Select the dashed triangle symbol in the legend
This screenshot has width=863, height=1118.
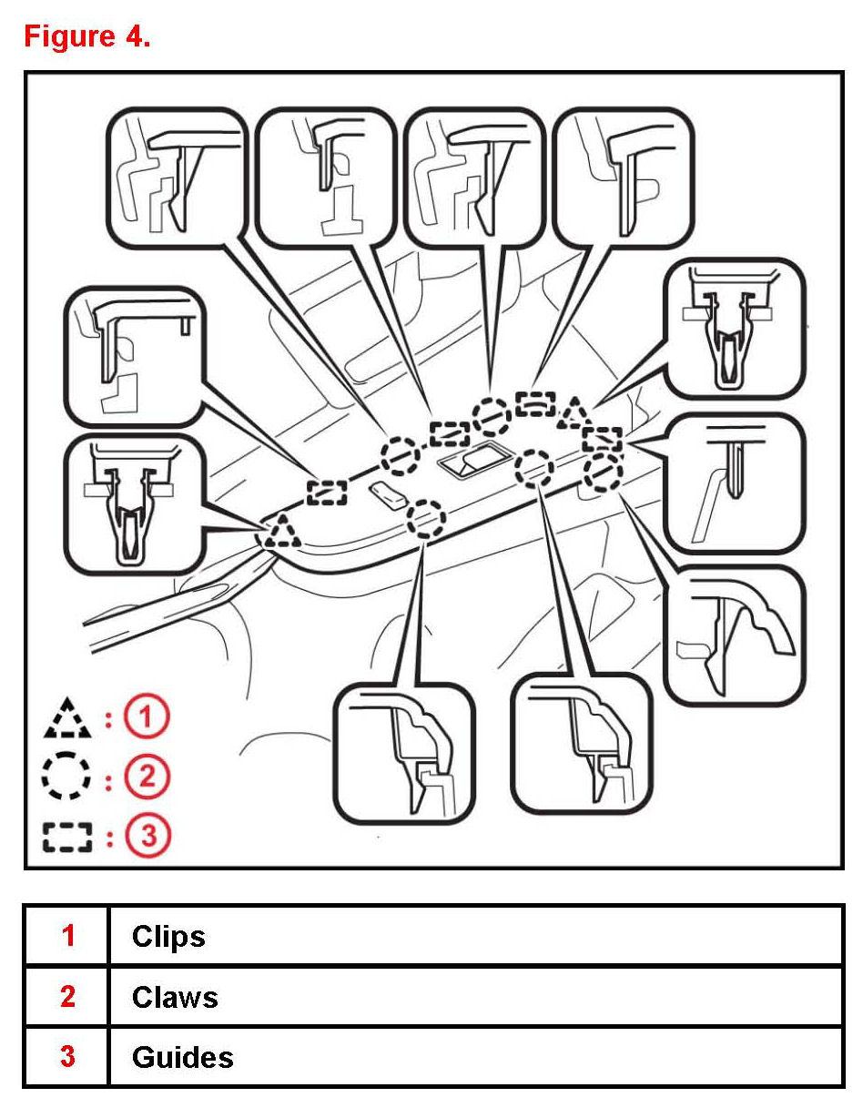[x=67, y=718]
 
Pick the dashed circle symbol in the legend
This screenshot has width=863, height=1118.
[x=67, y=778]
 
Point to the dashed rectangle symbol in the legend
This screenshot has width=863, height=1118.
[x=67, y=838]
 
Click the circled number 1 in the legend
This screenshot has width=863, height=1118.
[x=147, y=718]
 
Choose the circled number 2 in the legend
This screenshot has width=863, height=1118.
[x=147, y=778]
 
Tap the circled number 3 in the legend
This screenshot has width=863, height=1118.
[x=147, y=838]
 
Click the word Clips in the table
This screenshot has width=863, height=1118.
[x=168, y=936]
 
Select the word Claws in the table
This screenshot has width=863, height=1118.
[x=175, y=997]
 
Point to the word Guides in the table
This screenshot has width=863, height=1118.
[x=182, y=1057]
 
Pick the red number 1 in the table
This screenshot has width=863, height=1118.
[x=67, y=936]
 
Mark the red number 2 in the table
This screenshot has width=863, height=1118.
[x=67, y=997]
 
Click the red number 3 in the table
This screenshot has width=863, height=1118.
[x=67, y=1057]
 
